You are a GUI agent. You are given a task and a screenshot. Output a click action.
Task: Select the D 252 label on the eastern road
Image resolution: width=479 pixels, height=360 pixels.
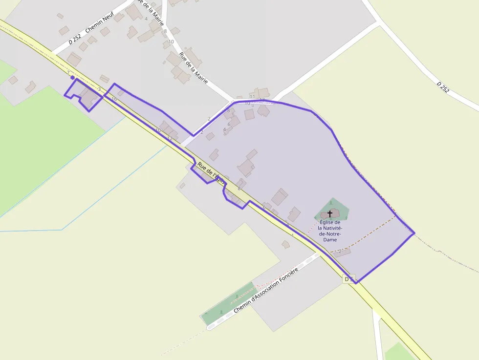(443, 87)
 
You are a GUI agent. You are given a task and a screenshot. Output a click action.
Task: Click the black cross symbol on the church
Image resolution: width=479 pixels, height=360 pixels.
(330, 214)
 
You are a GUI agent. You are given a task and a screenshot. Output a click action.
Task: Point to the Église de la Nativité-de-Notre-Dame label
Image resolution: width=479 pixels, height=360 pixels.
(329, 231)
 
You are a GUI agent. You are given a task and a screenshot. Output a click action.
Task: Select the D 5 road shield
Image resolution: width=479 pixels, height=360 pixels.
(348, 279)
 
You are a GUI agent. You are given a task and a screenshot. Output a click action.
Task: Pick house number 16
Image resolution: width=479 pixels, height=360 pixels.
(114, 99)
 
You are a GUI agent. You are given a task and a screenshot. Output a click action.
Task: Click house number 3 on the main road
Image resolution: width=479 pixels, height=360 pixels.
(99, 89)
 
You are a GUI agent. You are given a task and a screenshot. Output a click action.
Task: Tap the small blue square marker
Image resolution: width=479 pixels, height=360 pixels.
(72, 77)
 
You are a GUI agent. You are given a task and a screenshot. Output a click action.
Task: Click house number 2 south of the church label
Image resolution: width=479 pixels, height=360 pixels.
(340, 251)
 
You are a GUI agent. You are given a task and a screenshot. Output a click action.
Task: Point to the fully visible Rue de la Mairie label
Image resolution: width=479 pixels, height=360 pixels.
(194, 67)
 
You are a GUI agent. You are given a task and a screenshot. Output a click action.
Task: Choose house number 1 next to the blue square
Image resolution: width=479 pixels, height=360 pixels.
(68, 72)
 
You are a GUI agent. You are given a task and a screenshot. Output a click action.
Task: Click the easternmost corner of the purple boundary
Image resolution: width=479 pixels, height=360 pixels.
(414, 233)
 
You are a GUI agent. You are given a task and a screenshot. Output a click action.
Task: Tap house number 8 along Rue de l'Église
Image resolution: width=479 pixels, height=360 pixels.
(239, 188)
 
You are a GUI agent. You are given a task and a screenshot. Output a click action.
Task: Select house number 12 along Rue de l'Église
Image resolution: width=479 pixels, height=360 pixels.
(170, 139)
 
